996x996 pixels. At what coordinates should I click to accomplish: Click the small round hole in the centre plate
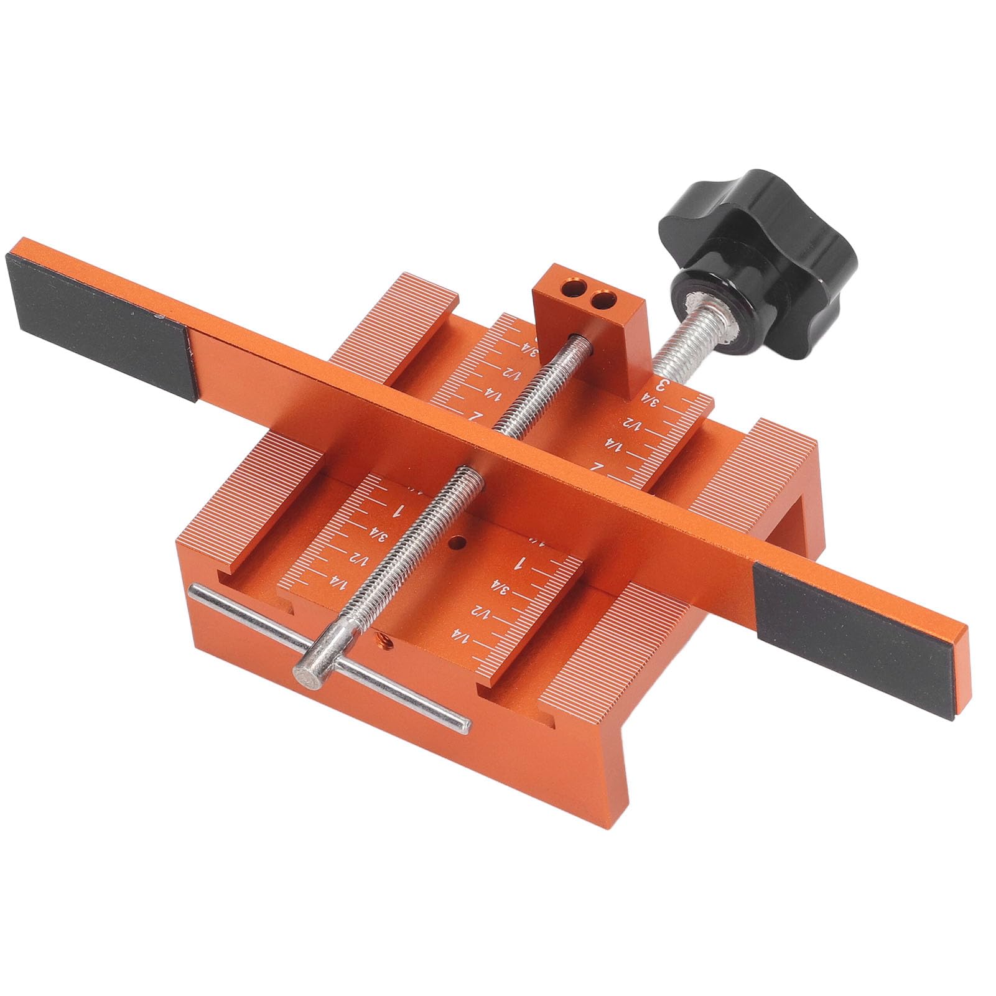457,544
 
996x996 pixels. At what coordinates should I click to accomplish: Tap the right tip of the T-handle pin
463,723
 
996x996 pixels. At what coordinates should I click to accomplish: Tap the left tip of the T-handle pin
194,590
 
